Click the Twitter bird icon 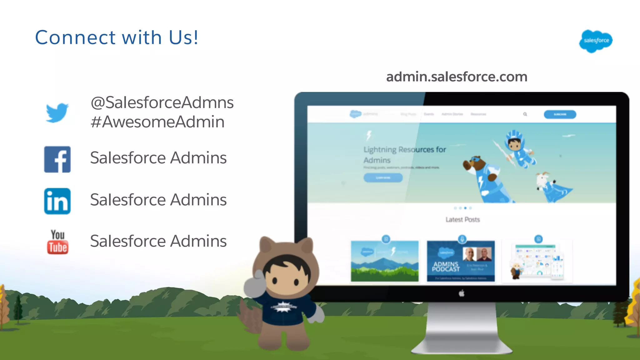tap(57, 112)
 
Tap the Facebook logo tap(57, 159)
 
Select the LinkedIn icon tap(57, 201)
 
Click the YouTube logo tap(58, 242)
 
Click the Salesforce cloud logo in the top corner tap(596, 41)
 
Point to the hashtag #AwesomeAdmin tap(157, 122)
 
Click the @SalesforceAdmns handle tap(162, 102)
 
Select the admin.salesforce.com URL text tap(457, 77)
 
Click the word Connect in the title tap(75, 37)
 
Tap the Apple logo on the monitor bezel tap(462, 293)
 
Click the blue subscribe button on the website tap(560, 114)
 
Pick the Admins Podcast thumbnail tap(461, 261)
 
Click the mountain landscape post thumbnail tap(385, 261)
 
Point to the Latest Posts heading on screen tap(462, 220)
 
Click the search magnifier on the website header tap(525, 114)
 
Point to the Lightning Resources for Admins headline tap(405, 154)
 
